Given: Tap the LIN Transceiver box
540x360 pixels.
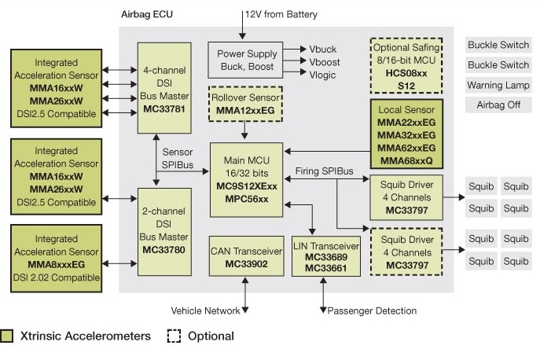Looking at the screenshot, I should pos(325,255).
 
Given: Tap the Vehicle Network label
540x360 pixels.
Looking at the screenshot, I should pos(206,311).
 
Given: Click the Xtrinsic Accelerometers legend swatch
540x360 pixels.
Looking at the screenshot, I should pos(7,336).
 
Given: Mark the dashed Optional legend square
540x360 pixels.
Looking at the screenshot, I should pos(174,336).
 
